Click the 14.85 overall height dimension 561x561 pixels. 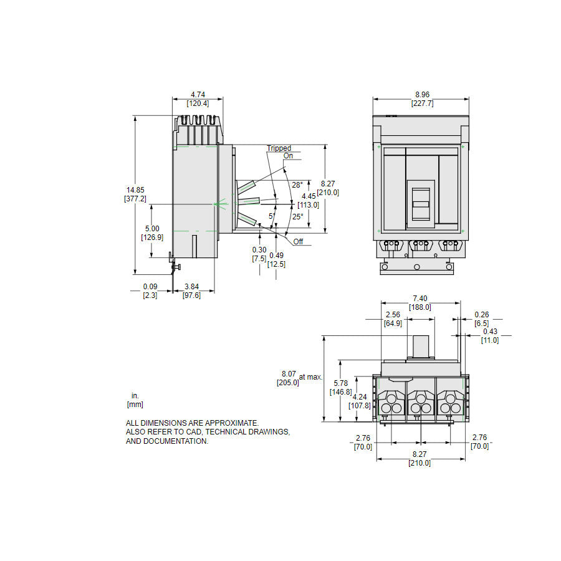click(x=135, y=190)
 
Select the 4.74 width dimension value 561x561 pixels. click(x=198, y=95)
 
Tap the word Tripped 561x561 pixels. click(x=279, y=148)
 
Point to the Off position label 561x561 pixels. click(x=298, y=241)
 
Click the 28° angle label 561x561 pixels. click(x=297, y=185)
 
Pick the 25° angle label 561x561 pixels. click(x=298, y=216)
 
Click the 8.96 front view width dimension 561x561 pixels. click(x=422, y=95)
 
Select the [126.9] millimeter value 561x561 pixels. click(x=152, y=237)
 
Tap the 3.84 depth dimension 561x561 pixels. click(x=191, y=287)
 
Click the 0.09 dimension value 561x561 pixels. click(x=150, y=287)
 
